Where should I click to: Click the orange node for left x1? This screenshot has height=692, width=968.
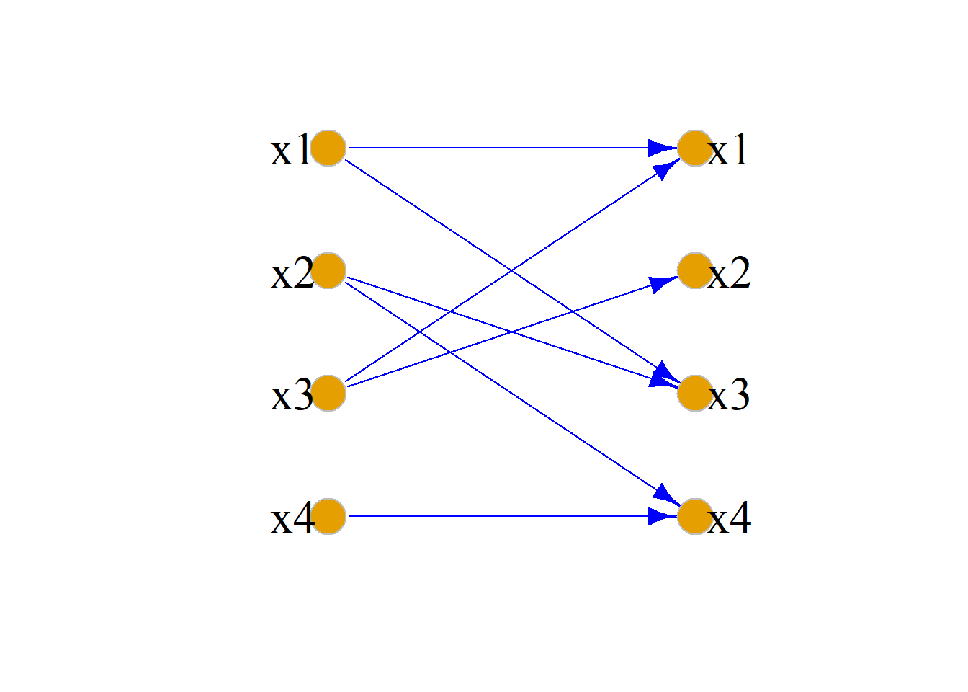pos(328,148)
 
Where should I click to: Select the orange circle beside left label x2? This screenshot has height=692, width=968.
pos(328,271)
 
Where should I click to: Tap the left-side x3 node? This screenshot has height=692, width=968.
pos(328,393)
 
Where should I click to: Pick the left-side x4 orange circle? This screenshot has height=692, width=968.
pos(328,516)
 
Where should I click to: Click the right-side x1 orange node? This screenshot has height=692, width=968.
pos(695,148)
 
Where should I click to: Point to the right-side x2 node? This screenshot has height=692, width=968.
pos(695,271)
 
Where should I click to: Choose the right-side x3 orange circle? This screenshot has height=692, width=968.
pos(695,393)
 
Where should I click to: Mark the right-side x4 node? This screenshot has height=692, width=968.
pos(695,516)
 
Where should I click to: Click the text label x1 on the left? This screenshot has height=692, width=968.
pos(290,150)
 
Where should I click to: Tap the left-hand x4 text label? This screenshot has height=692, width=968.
pos(292,518)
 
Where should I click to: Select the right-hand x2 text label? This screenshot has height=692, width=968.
pos(730,272)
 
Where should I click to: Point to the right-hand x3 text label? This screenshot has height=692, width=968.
pos(729,395)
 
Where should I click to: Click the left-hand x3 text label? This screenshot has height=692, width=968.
pos(292,395)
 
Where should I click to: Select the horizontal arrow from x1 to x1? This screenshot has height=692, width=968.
pos(513,148)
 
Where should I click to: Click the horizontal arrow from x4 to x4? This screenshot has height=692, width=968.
pos(513,516)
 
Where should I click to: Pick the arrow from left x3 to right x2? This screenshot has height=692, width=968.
pos(512,332)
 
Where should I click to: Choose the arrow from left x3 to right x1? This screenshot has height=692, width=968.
pos(513,270)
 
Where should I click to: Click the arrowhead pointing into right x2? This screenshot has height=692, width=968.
pos(663,284)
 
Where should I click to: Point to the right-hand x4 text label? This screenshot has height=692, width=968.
pos(730,518)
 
